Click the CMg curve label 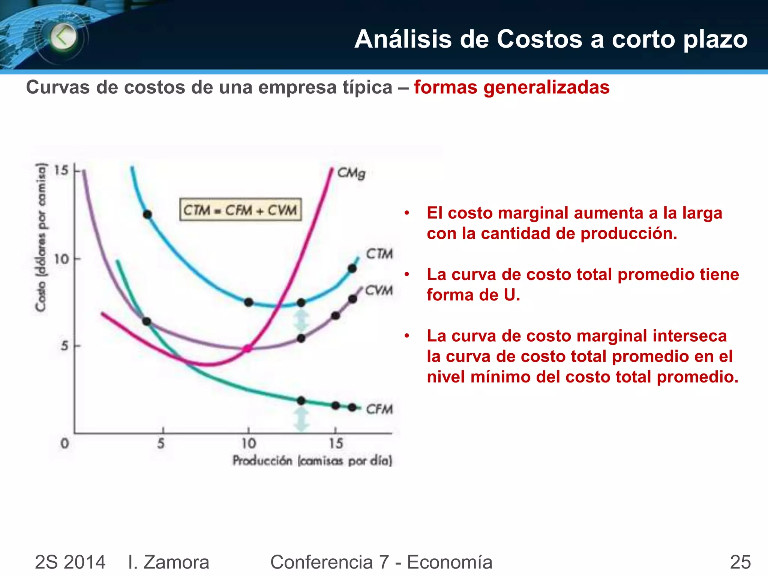[x=351, y=173]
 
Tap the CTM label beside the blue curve [x=379, y=254]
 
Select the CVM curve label [x=379, y=290]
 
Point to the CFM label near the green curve [x=379, y=409]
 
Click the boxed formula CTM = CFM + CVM [x=240, y=210]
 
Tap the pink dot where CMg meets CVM [x=247, y=348]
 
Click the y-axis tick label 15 [x=61, y=171]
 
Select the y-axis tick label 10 [x=61, y=259]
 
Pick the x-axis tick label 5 [x=161, y=444]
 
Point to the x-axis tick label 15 [x=336, y=444]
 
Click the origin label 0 [x=65, y=444]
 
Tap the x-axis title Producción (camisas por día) [x=312, y=460]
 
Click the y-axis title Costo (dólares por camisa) [x=41, y=237]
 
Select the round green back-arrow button [x=63, y=37]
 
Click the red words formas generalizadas [x=511, y=87]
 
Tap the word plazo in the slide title [x=715, y=39]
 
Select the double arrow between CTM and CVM [x=301, y=320]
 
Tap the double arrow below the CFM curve [x=301, y=418]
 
